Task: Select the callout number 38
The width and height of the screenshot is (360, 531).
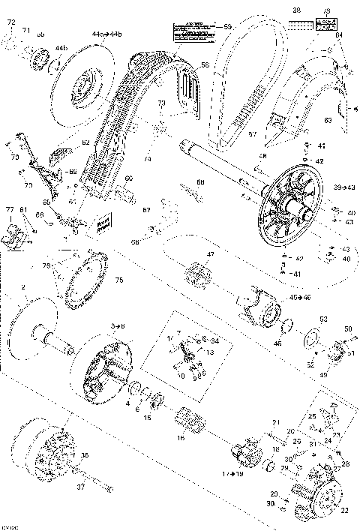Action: click(x=295, y=10)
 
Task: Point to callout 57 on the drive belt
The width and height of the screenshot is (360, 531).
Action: click(x=252, y=135)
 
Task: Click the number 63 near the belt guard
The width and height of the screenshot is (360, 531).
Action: click(x=328, y=119)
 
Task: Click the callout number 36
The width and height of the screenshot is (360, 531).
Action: click(x=84, y=454)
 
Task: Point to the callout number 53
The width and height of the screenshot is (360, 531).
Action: click(x=324, y=319)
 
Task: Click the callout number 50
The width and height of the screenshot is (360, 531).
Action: click(x=347, y=328)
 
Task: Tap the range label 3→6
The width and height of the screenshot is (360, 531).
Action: click(x=118, y=328)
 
